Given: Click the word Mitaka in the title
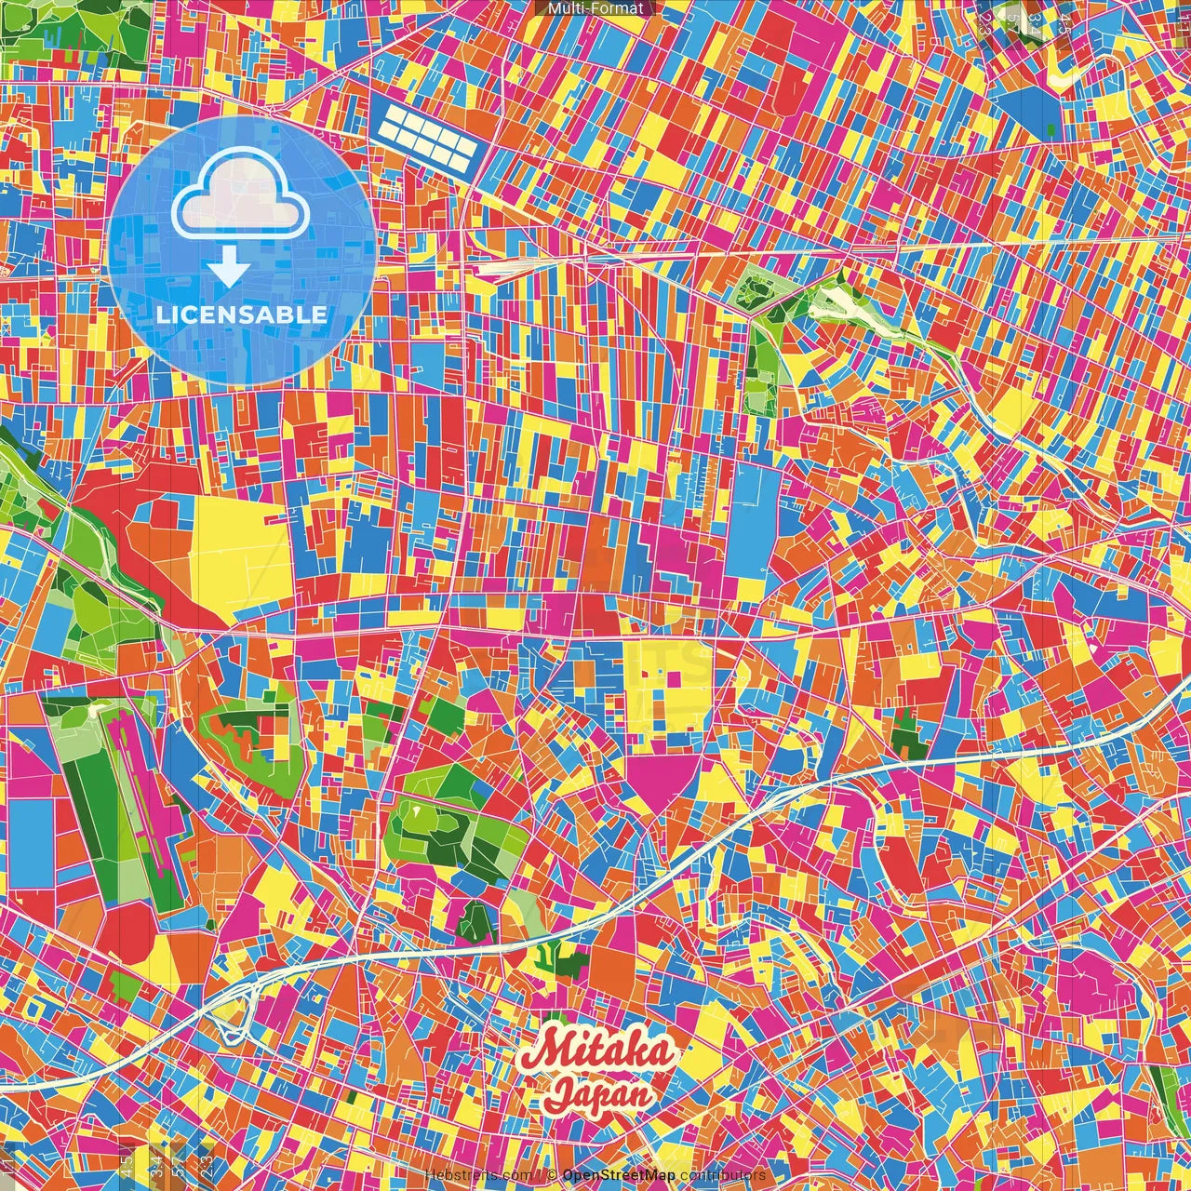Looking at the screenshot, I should coord(597,1052).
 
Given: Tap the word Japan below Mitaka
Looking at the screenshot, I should coord(599,1093).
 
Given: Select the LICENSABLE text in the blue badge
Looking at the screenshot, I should coord(242,314).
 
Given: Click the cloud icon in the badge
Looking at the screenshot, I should coord(240,197).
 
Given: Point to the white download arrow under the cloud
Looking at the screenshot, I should coord(228,270).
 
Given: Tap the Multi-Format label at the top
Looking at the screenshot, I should coord(595,8).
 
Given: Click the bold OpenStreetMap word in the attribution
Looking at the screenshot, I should coord(619,1175).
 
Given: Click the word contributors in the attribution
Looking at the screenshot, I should coord(722,1175).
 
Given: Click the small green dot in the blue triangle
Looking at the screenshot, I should coord(1051,127).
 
